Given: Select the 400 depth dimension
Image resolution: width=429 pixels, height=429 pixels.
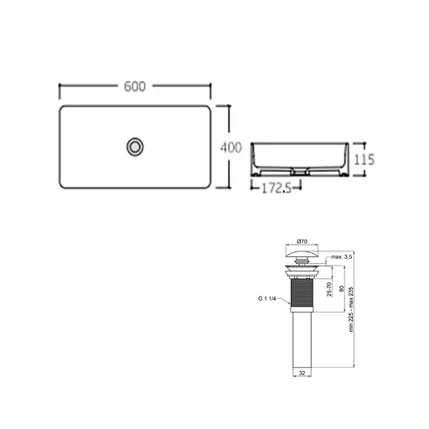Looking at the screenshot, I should tap(230, 147).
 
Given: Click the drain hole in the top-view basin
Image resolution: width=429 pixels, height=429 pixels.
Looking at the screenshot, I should tap(134, 147).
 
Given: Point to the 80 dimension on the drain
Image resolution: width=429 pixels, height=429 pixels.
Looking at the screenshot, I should tap(343, 290).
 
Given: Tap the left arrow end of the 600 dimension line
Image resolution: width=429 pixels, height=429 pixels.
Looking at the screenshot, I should tap(60, 86).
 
